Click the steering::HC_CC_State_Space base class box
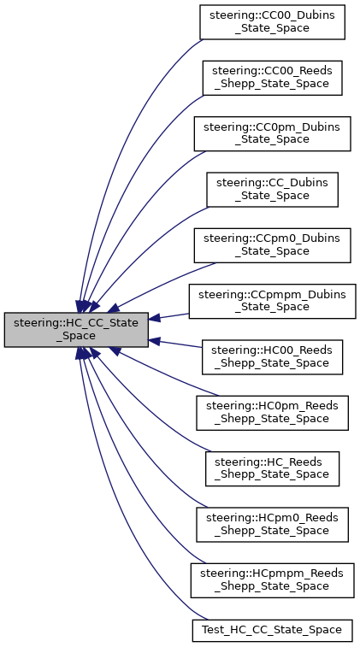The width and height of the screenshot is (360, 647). click(x=77, y=329)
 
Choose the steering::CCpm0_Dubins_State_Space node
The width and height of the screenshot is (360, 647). click(x=272, y=244)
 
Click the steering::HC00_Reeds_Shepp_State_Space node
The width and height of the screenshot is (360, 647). click(x=272, y=356)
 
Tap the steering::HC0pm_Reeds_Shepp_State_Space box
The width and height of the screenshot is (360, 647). click(x=272, y=412)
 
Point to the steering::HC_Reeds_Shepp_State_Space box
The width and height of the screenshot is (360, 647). click(x=272, y=468)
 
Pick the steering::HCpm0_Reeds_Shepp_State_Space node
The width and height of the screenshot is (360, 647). click(x=272, y=523)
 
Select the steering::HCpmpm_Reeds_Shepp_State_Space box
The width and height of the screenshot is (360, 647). click(x=272, y=579)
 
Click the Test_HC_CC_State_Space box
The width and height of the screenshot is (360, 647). click(x=272, y=630)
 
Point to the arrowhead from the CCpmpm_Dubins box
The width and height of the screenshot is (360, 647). click(x=156, y=319)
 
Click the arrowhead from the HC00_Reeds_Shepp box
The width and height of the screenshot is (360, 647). click(x=156, y=340)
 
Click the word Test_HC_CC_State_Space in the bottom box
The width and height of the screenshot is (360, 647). click(x=272, y=630)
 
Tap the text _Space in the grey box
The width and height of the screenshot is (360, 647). click(x=77, y=336)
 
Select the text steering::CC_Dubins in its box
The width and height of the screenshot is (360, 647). click(x=272, y=182)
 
